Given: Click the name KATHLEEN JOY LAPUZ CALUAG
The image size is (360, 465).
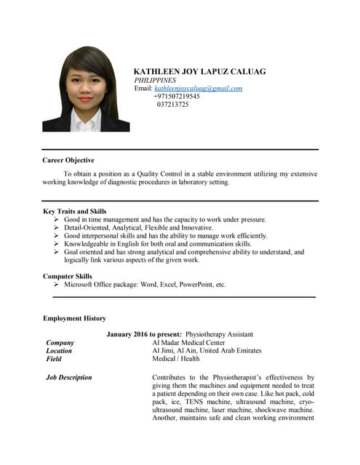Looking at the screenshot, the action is coord(200,71).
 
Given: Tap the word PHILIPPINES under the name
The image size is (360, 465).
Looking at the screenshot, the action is coord(156,80).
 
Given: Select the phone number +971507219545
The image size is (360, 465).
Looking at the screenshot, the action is coord(177,96).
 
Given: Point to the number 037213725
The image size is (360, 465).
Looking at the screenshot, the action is coord(172,104).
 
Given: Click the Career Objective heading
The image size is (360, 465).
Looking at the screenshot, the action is coord(68,160).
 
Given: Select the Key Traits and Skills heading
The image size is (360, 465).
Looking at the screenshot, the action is coord(75,211).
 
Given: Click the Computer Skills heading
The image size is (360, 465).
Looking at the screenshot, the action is coord(68,276).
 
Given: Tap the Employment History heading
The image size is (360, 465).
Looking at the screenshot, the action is coord(74,318).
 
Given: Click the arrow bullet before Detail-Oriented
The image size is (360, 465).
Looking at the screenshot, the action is coord(57,227).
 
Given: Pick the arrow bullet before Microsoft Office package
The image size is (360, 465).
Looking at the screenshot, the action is coord(57,285).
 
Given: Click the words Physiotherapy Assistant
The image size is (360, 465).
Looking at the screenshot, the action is coord(220,334).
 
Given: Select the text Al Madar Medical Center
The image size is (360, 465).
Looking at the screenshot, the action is coord(188,342).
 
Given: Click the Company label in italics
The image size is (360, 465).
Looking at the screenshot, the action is coord(60,342).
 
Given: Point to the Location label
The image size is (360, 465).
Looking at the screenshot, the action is coord(59,350).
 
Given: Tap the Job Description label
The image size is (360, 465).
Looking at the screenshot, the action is coord(68,377).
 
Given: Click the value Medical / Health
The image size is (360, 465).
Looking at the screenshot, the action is coord(175,358).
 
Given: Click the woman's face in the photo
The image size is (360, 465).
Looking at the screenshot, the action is coord(86,87).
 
